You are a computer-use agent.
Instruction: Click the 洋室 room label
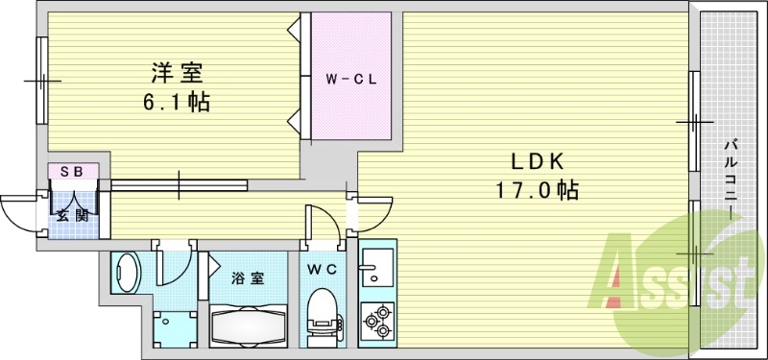pos(177,74)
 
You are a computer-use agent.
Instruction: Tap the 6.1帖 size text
pos(177,103)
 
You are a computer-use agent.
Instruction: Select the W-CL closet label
pos(351,81)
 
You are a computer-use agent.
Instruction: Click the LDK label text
pos(539,160)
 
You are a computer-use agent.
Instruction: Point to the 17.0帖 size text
pos(538,190)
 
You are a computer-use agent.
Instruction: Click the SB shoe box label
pos(74,172)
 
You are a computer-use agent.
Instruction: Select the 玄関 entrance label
pos(73,215)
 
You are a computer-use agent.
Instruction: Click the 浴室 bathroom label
pos(248,278)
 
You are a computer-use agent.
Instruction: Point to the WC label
pos(323,269)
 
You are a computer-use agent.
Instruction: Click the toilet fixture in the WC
pos(323,311)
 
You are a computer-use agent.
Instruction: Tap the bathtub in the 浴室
pos(248,325)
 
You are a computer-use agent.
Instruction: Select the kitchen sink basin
pos(376,267)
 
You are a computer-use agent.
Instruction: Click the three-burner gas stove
pos(376,320)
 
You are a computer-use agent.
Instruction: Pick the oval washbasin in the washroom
pos(127,273)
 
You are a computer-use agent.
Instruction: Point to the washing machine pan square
pos(175,328)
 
